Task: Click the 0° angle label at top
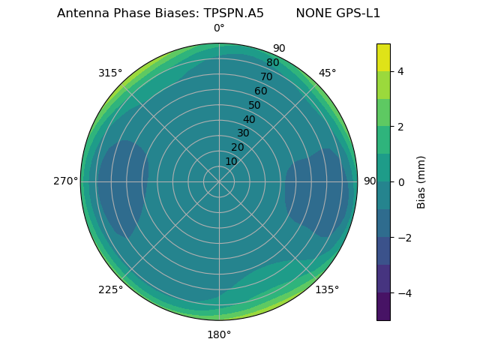pos(219,28)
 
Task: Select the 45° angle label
pos(327,73)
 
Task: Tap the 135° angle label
pos(327,289)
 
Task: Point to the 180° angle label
pos(219,334)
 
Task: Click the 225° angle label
pos(110,289)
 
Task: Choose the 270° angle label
pos(65,181)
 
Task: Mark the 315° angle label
pos(110,73)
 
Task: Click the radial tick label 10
pos(231,161)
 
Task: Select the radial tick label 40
pos(249,119)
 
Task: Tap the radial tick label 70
pos(266,76)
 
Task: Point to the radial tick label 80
pos(272,62)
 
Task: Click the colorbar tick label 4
pos(400,71)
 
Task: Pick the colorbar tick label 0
pos(400,182)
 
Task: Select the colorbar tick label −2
pos(403,238)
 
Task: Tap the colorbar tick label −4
pos(403,293)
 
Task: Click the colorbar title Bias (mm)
pos(421,181)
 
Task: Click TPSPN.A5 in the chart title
pos(233,13)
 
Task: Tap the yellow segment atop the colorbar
pos(383,57)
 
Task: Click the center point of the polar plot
pos(219,181)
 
